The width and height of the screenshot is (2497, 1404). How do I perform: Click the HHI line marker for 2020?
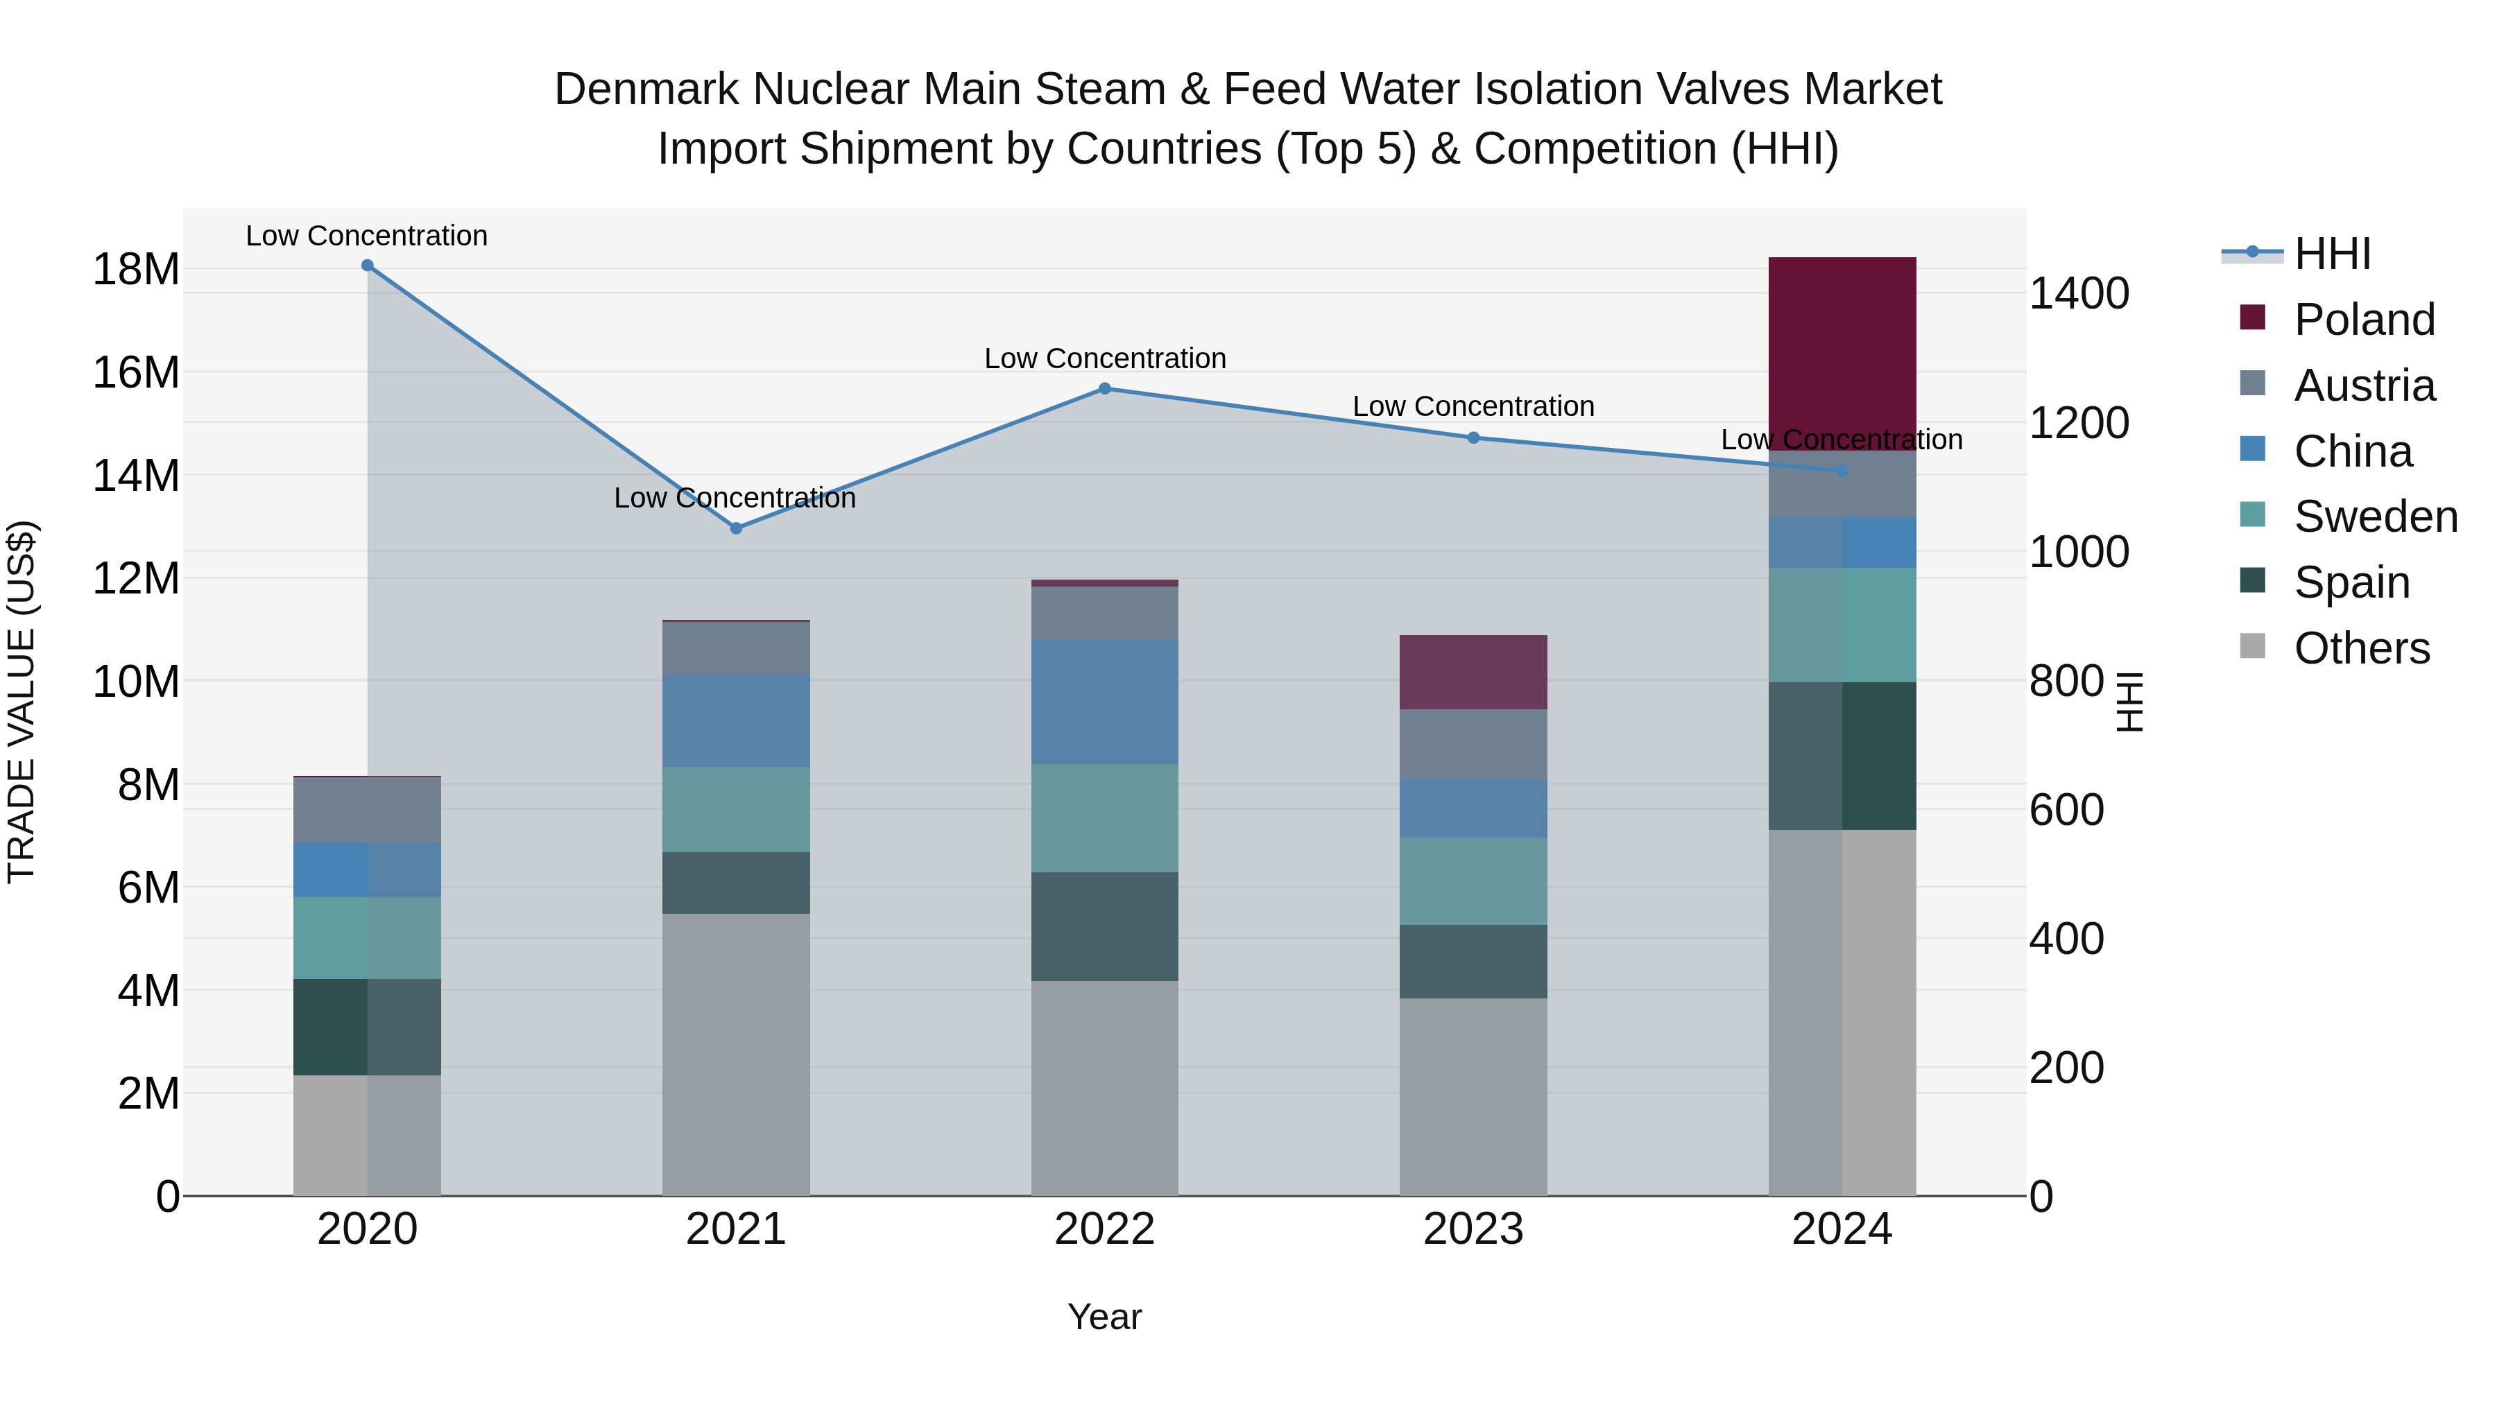(368, 266)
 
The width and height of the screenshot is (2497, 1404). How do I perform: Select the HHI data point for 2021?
(736, 528)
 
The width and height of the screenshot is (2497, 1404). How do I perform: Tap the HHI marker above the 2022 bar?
(1104, 388)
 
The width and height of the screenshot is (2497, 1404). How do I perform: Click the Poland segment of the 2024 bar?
(1842, 354)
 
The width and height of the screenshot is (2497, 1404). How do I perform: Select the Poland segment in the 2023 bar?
(1473, 673)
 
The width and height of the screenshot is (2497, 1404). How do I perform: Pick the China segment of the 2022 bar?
(1104, 702)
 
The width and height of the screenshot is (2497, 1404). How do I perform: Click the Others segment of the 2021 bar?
(736, 1054)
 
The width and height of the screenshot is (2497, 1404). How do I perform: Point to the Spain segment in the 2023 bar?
(1473, 961)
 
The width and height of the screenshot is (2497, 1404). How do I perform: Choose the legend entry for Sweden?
(2375, 517)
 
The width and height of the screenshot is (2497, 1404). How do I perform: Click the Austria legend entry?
(2363, 385)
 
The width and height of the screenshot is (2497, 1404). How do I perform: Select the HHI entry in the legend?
(2331, 254)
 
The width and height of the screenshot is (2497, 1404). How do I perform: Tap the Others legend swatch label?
(2361, 648)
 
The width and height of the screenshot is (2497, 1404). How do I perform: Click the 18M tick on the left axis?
(136, 270)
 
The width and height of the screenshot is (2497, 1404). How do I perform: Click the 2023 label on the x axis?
(1473, 1229)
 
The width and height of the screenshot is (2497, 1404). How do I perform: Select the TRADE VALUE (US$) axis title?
(22, 702)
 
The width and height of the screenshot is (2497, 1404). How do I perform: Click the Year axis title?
(1104, 1317)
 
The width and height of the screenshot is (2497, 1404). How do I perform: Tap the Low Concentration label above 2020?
(366, 236)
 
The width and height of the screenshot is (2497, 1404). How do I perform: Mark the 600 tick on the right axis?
(2066, 810)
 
